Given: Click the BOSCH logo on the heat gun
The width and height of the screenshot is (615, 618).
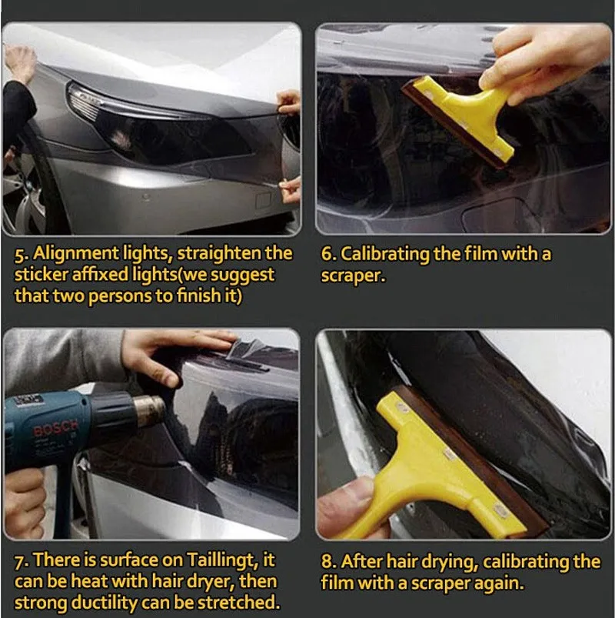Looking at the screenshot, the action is tap(55, 428).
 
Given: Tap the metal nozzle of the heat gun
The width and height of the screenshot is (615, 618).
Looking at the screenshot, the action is tap(149, 411).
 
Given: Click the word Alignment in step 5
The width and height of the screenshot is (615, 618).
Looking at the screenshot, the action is tap(75, 254).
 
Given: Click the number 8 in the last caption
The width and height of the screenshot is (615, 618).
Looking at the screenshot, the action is tap(327, 562).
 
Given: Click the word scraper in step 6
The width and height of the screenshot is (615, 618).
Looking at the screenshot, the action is tap(352, 276).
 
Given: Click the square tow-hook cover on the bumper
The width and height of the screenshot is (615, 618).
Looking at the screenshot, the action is tap(263, 201).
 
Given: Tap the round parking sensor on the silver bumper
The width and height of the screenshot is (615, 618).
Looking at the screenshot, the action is tap(146, 197).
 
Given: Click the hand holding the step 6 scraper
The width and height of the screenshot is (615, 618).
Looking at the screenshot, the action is tap(547, 59).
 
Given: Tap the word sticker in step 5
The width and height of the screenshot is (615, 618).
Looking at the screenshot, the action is tap(41, 275).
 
